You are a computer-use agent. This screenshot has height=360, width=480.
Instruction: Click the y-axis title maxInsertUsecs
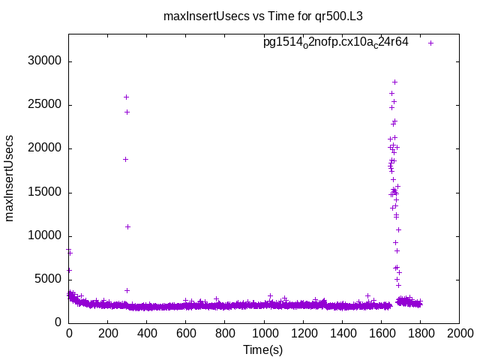10,178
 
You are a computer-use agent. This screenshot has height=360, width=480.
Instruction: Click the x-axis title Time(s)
263,349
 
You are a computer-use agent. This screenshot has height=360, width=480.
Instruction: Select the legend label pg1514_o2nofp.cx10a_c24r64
335,42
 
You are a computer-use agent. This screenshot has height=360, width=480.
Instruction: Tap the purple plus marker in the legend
430,43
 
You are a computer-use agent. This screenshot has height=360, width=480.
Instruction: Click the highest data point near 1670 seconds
394,82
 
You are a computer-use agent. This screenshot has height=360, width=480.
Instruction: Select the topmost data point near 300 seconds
126,97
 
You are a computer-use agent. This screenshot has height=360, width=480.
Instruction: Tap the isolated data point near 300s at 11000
127,226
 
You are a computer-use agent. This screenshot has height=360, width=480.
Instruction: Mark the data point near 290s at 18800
125,159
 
